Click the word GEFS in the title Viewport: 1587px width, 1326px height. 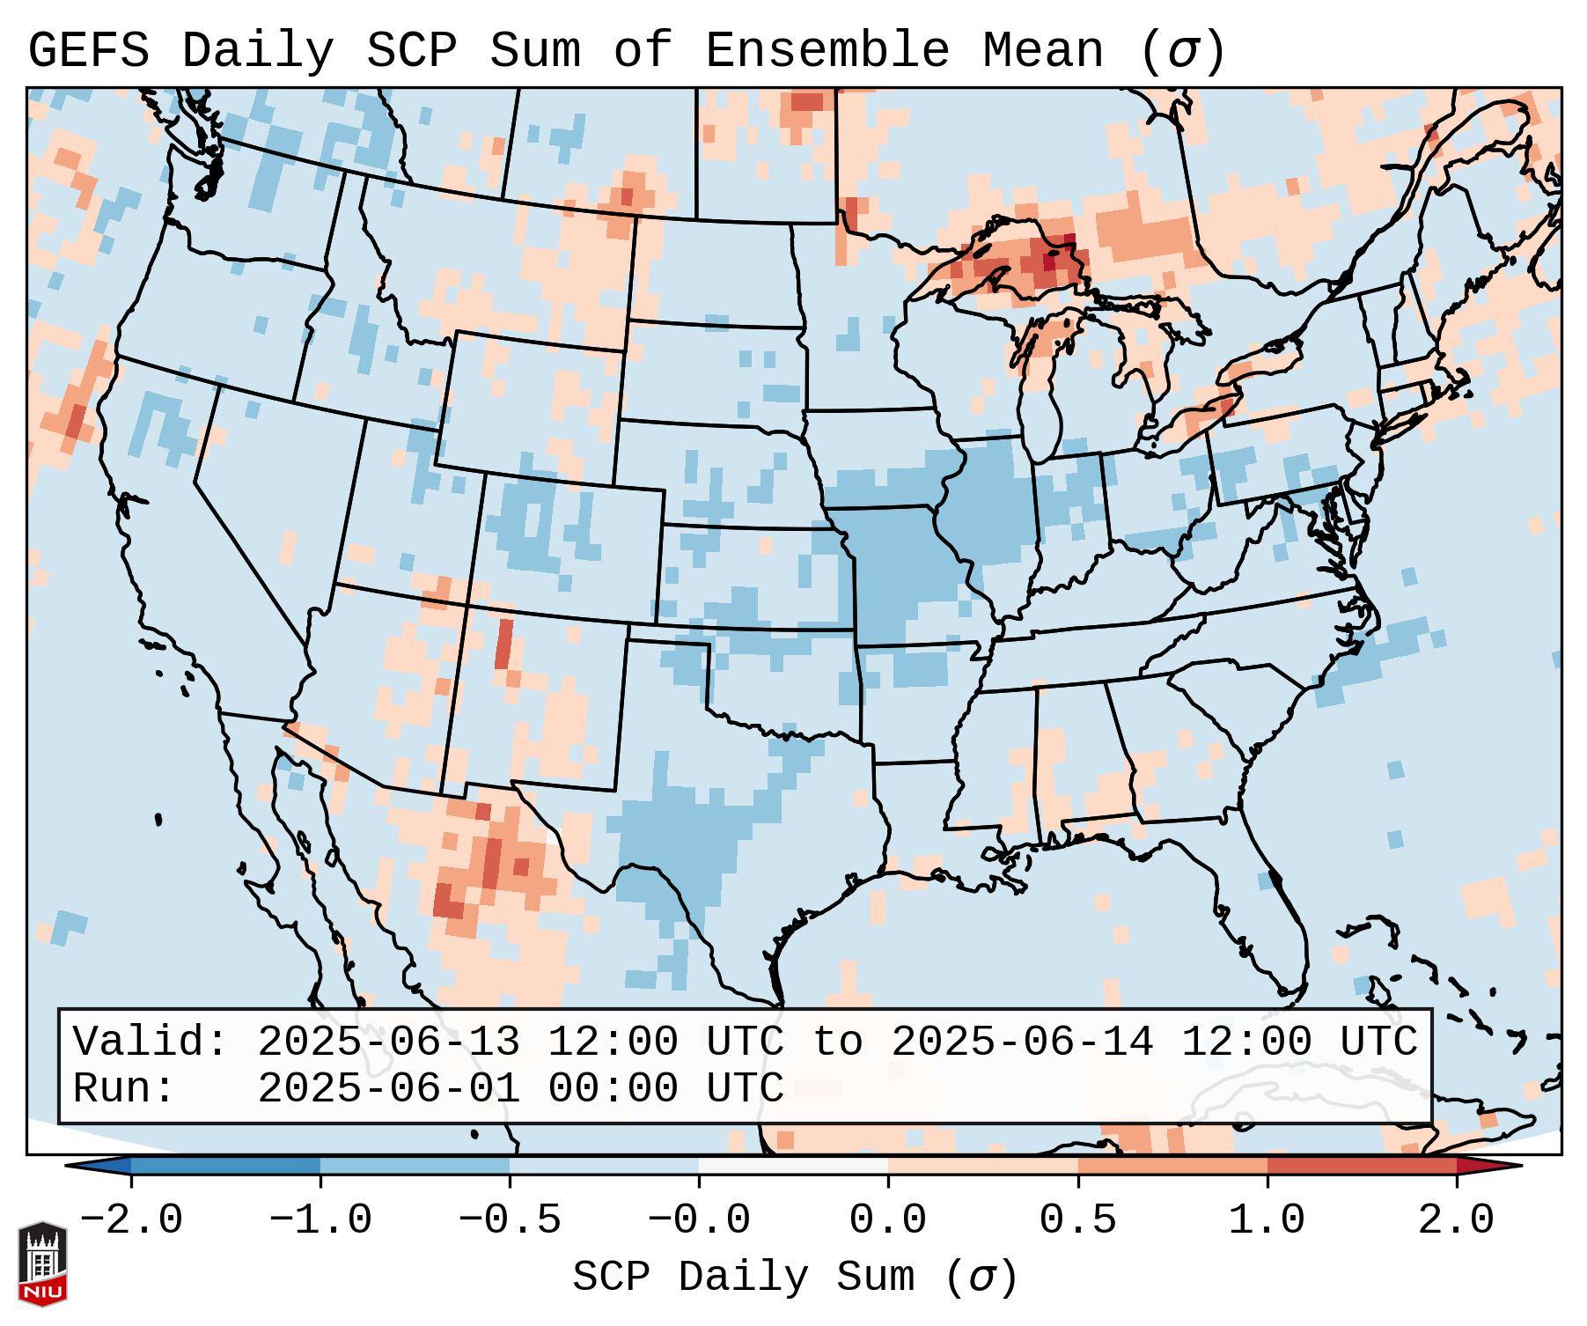pyautogui.click(x=88, y=51)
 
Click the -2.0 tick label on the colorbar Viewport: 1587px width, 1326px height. pyautogui.click(x=131, y=1220)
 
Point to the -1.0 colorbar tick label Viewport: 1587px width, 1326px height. pyautogui.click(x=320, y=1220)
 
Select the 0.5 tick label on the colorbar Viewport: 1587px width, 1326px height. pyautogui.click(x=1077, y=1220)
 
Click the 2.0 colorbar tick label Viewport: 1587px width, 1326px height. pyautogui.click(x=1456, y=1220)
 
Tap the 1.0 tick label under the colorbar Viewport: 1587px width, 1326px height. pyautogui.click(x=1267, y=1220)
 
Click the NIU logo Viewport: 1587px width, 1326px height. pyautogui.click(x=42, y=1263)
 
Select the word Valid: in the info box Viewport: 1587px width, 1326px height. pyautogui.click(x=151, y=1042)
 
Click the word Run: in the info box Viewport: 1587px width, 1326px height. pyautogui.click(x=124, y=1088)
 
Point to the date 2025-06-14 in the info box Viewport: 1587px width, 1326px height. pyautogui.click(x=1022, y=1042)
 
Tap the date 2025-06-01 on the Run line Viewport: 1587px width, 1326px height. pyautogui.click(x=388, y=1088)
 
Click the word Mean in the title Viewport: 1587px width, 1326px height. pyautogui.click(x=1042, y=51)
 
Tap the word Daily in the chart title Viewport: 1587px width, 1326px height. pyautogui.click(x=257, y=51)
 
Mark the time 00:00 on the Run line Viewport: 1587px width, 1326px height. pyautogui.click(x=613, y=1088)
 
